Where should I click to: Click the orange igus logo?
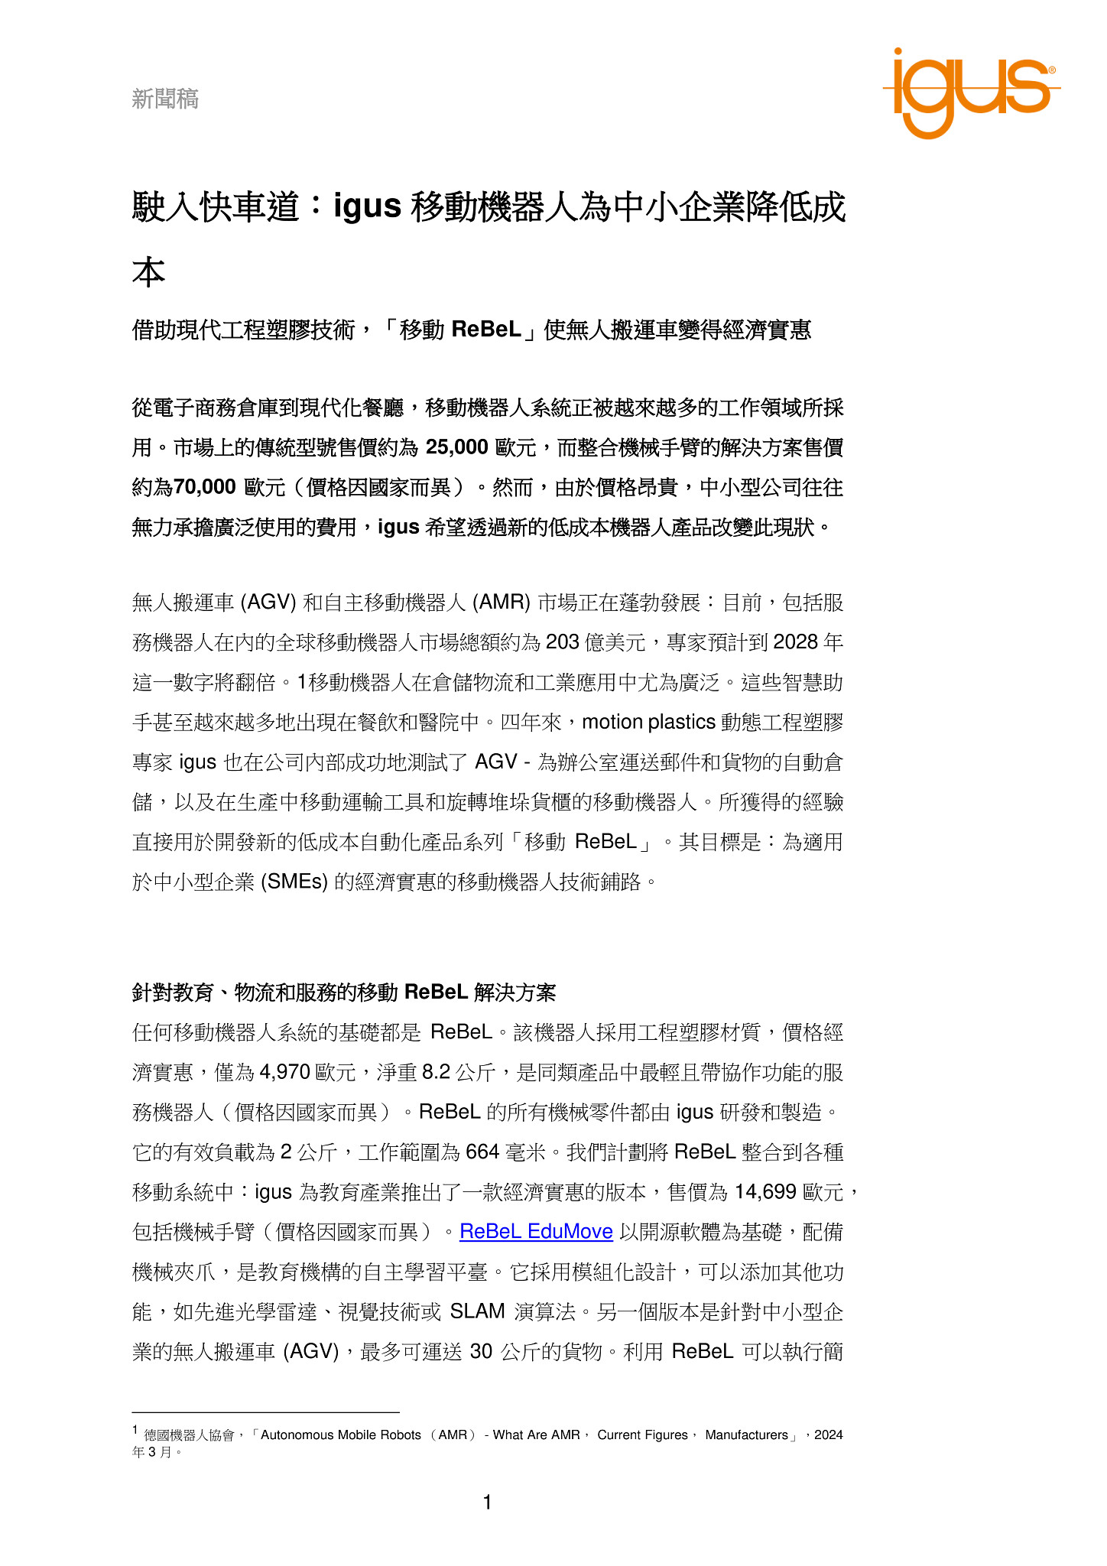tap(970, 92)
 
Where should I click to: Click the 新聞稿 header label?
tap(165, 99)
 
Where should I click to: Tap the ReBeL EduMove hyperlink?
tap(536, 1231)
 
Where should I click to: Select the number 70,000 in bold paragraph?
tap(204, 487)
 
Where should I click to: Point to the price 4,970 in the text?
tap(284, 1072)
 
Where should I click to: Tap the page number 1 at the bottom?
tap(487, 1503)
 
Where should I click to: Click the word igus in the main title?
tap(368, 206)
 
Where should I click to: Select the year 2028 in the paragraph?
tap(796, 642)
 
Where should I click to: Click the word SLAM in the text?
tap(477, 1311)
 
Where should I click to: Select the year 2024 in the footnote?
tap(829, 1435)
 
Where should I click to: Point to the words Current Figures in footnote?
tap(642, 1435)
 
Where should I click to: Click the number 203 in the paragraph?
tap(562, 642)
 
